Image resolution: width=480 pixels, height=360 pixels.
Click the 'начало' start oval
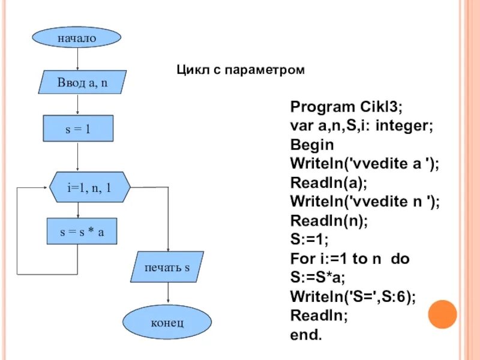(x=77, y=38)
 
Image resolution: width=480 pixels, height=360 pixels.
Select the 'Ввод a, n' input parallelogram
(x=82, y=82)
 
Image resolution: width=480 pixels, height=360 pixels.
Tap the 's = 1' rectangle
(x=78, y=128)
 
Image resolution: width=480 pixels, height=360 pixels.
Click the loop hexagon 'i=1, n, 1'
(x=89, y=187)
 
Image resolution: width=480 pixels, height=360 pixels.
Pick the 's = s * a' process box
(x=82, y=232)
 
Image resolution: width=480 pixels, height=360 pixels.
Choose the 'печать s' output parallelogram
(x=167, y=267)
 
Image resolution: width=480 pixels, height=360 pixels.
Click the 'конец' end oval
(x=167, y=323)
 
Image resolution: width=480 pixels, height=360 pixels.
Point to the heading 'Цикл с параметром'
(x=241, y=70)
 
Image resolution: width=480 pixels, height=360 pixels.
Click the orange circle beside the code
(x=443, y=314)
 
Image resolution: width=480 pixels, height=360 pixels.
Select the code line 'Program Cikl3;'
(x=347, y=107)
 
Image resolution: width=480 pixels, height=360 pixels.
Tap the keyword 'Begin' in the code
(x=312, y=145)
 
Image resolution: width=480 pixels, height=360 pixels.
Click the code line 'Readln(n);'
(x=329, y=221)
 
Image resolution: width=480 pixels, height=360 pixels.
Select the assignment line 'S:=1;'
(x=310, y=240)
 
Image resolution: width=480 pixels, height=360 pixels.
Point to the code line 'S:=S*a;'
(x=318, y=278)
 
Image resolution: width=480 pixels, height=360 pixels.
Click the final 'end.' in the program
(x=306, y=335)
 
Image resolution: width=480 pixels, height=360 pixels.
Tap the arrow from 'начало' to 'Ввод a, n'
(x=78, y=59)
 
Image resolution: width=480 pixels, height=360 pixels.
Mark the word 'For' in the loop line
(x=302, y=259)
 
